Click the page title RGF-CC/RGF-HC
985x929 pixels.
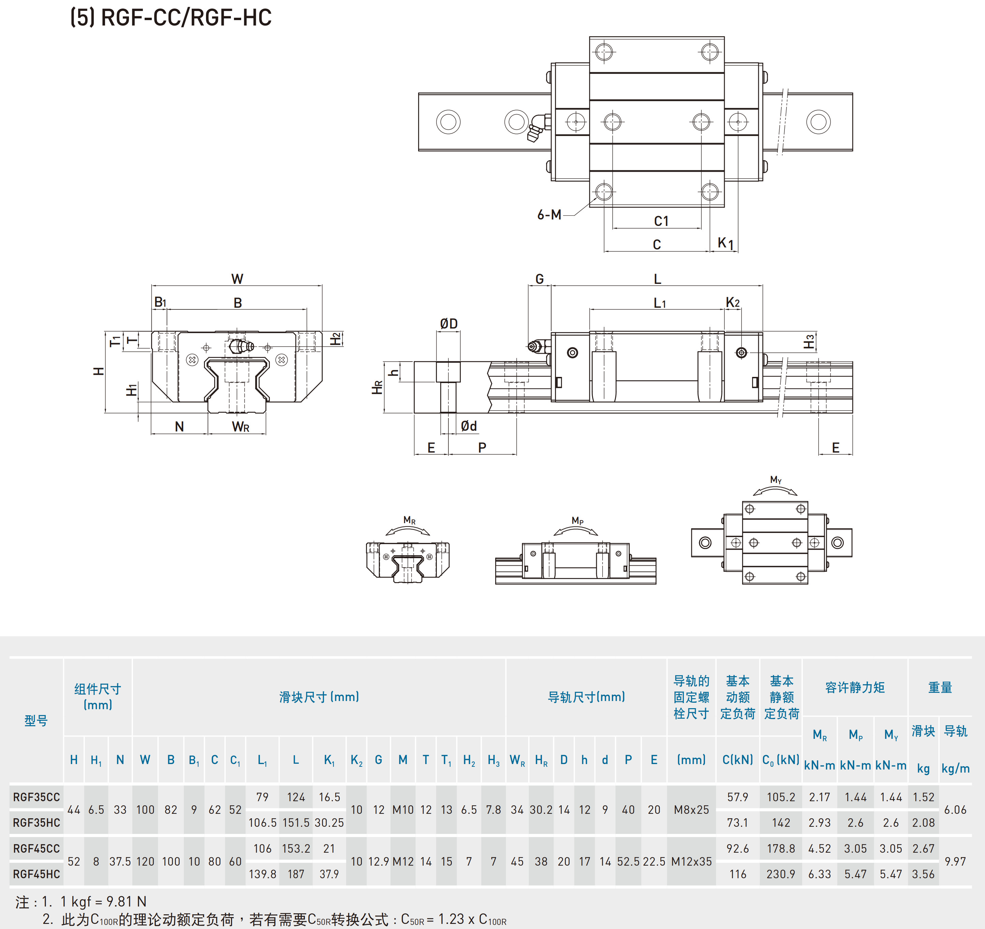(x=171, y=18)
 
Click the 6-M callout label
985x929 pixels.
(x=549, y=215)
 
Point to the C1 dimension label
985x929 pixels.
(x=661, y=222)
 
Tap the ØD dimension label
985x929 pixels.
(x=449, y=324)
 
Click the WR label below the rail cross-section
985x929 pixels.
(x=240, y=427)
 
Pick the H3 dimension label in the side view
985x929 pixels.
(x=809, y=342)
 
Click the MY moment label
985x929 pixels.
(x=776, y=480)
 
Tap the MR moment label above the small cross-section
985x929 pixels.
(x=409, y=520)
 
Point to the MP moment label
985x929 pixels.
(x=577, y=521)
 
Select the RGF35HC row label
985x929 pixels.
(x=36, y=823)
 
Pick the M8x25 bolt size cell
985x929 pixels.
(x=691, y=810)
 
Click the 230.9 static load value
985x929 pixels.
(x=780, y=874)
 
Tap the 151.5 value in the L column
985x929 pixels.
(x=296, y=823)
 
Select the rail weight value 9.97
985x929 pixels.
(x=955, y=861)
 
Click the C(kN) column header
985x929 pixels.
(x=737, y=760)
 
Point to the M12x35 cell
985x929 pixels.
(x=691, y=861)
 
